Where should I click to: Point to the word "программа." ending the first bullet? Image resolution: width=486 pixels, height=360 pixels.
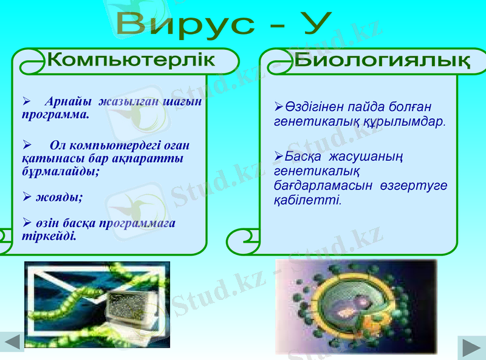pyautogui.click(x=56, y=114)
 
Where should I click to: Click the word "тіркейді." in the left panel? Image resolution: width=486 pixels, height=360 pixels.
pyautogui.click(x=49, y=236)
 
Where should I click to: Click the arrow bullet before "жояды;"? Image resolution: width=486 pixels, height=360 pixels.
pyautogui.click(x=27, y=197)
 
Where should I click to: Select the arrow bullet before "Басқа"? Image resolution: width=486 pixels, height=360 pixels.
pyautogui.click(x=279, y=156)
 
